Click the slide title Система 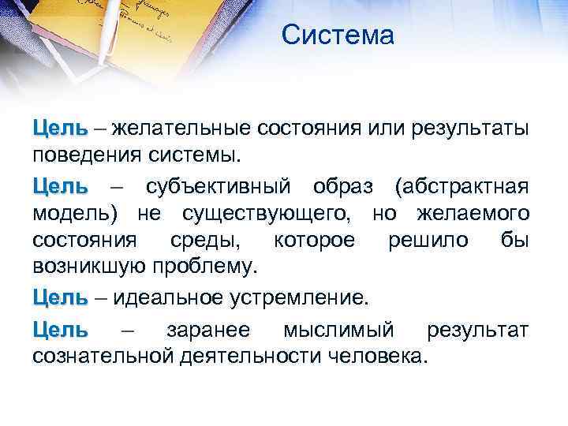[x=337, y=35]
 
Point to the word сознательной [x=103, y=356]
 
